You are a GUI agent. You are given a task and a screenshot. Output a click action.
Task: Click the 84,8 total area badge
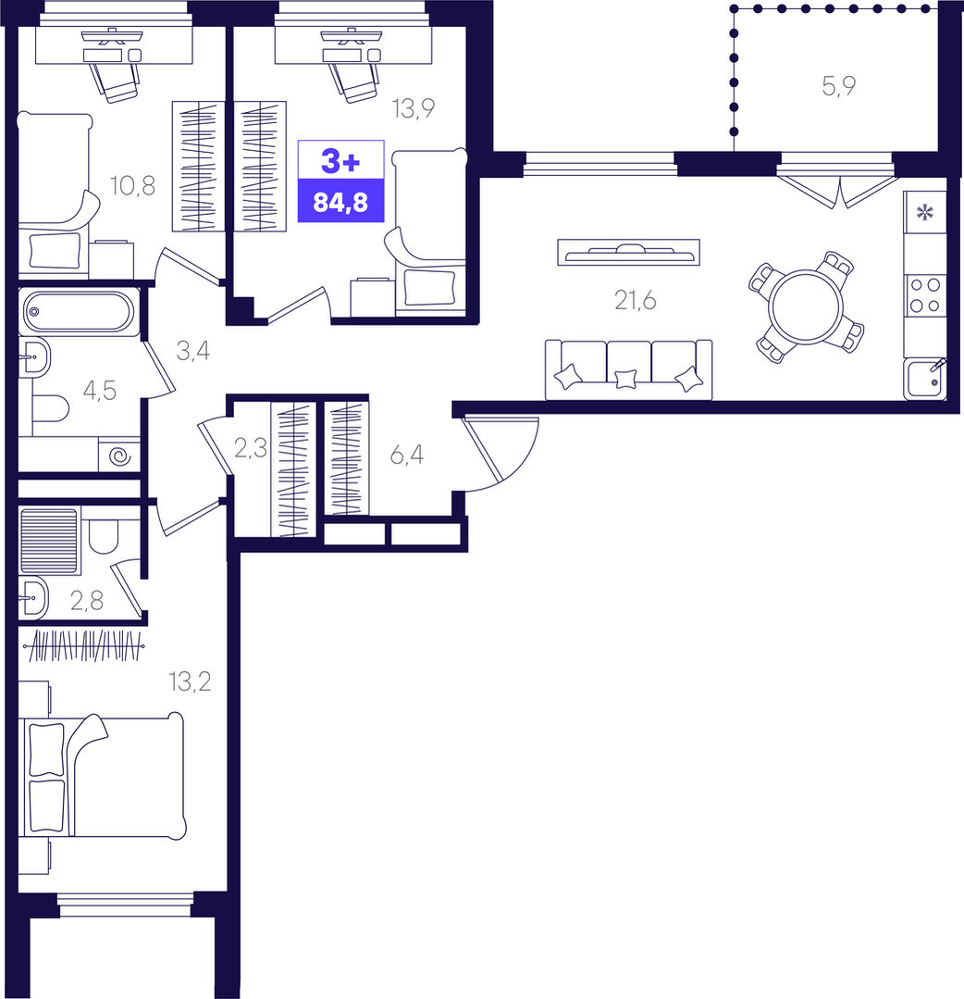coord(340,202)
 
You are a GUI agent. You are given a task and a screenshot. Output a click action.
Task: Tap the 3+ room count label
coord(340,161)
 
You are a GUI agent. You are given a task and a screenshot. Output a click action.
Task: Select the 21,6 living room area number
coord(635,300)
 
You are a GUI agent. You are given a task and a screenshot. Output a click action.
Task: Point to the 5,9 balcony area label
coord(838,85)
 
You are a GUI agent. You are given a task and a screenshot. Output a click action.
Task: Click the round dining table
coord(806,307)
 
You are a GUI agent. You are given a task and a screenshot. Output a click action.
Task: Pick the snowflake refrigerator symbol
coord(924,212)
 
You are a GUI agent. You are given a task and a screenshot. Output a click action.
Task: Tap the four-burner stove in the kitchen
coord(924,295)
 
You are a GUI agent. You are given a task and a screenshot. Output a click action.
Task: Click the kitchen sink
coord(924,379)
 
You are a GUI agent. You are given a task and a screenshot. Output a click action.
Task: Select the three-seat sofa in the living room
coord(628,369)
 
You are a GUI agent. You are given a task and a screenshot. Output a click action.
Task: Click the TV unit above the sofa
coord(628,252)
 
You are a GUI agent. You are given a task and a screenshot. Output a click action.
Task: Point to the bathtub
coord(79,312)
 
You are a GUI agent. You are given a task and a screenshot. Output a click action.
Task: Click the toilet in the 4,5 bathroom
coord(50,408)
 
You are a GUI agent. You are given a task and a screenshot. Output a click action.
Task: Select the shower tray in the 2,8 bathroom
coord(49,541)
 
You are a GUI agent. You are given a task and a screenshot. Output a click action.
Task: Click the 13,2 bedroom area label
coord(190,681)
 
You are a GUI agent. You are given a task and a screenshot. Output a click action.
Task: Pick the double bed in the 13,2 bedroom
coord(103,775)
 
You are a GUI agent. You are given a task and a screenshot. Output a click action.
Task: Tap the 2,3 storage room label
coord(251,449)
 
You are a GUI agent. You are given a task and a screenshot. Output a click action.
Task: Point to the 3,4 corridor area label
coord(193,351)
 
